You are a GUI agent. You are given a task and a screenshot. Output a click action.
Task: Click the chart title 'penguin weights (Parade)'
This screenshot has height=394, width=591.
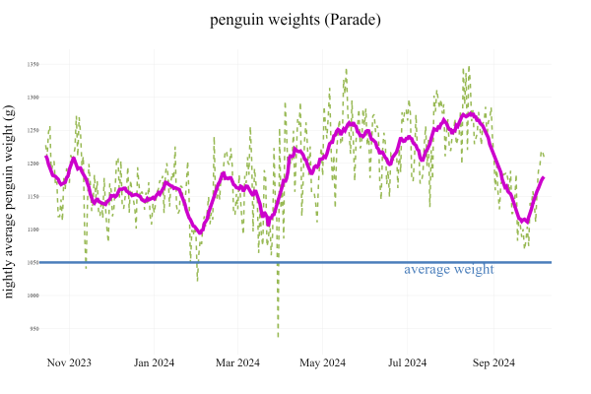coord(295,20)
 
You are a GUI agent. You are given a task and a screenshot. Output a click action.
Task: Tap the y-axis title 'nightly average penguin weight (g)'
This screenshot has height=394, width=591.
coord(10,202)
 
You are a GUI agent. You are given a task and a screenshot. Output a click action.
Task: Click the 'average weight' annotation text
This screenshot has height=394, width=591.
coord(448,269)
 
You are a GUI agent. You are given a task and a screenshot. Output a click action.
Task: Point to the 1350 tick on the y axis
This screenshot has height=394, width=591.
coord(33,64)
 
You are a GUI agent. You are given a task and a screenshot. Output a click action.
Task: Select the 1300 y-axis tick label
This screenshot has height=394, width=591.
coord(33,98)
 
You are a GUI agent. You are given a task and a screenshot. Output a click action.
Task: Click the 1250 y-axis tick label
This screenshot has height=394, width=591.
coord(33,130)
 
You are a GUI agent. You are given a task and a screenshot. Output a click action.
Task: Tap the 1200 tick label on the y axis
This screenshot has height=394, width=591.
coord(33,164)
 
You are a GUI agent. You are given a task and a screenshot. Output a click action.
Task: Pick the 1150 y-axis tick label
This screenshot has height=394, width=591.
coord(33,196)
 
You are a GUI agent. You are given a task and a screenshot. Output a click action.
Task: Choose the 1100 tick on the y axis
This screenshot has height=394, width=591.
coord(33,230)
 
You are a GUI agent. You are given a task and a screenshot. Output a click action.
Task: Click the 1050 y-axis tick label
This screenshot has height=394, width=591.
coord(33,262)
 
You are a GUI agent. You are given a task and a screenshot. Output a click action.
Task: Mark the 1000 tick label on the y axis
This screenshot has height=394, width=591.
coord(33,295)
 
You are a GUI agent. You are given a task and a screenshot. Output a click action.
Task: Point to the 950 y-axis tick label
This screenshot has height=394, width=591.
coord(33,328)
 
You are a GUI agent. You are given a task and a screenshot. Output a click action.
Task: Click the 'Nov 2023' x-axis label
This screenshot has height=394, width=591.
coord(69,363)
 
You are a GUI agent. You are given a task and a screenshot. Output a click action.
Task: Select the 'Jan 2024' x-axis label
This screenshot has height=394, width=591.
coord(154,363)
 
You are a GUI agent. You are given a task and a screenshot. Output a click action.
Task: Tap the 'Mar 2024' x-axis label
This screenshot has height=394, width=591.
coord(236,363)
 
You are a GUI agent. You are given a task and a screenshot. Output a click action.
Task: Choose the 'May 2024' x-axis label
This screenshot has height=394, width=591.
coord(321,363)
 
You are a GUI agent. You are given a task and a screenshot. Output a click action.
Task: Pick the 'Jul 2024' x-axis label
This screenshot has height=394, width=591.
coord(406,363)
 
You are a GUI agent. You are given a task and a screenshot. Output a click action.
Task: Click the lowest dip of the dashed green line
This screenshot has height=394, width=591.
coord(278,337)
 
